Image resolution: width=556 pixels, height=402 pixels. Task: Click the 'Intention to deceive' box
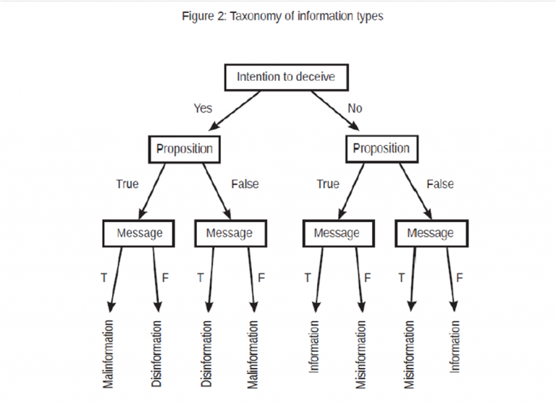[x=286, y=76]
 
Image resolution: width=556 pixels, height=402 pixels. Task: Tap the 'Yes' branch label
[x=203, y=108]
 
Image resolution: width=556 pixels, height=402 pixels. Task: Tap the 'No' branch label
[x=355, y=108]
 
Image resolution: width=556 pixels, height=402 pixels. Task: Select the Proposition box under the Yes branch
[x=185, y=148]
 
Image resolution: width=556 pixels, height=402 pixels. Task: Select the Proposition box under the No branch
[x=381, y=148]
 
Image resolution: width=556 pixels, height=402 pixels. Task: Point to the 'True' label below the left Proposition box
[x=127, y=184]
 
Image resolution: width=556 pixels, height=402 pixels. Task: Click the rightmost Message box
[x=430, y=233]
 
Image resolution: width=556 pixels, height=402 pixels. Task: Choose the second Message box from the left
[x=229, y=233]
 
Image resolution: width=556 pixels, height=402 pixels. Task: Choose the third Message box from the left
[x=337, y=233]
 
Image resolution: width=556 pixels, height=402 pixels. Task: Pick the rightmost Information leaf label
[x=455, y=346]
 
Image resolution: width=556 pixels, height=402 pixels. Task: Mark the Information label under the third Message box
[x=313, y=346]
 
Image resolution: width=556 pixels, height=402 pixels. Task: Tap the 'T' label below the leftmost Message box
[x=104, y=278]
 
